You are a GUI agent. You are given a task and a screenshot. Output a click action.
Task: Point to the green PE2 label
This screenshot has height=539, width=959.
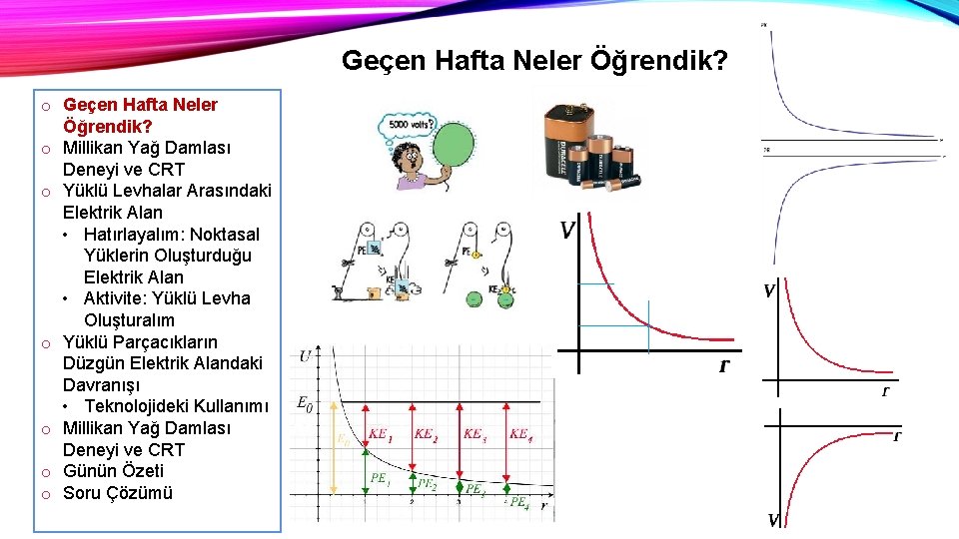tap(427, 483)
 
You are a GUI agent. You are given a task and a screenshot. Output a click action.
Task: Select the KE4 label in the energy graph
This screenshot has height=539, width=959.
tap(520, 434)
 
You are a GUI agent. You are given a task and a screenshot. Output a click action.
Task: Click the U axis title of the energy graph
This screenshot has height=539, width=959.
tap(305, 356)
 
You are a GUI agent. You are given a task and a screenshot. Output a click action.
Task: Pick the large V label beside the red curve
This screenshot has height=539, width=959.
tap(567, 232)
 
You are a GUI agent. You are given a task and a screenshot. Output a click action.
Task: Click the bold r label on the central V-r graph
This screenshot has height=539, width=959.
tap(723, 366)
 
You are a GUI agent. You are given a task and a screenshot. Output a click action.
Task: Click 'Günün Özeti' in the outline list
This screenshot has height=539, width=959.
tap(113, 471)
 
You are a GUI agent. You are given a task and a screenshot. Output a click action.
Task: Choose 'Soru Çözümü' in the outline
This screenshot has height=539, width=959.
tap(117, 493)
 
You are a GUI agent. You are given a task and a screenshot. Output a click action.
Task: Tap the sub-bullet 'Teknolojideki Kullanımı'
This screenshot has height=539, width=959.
tap(176, 406)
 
